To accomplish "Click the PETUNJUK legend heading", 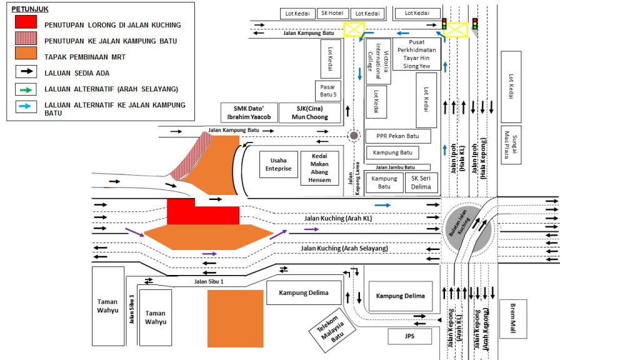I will pyautogui.click(x=30, y=10).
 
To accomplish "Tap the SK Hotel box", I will pyautogui.click(x=332, y=13).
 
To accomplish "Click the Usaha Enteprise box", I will pyautogui.click(x=277, y=164).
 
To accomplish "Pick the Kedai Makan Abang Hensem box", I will pyautogui.click(x=319, y=167).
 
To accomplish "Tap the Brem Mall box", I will pyautogui.click(x=512, y=318).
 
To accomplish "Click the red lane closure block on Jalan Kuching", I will pyautogui.click(x=203, y=212).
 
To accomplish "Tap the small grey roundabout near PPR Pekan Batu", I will pyautogui.click(x=354, y=136).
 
